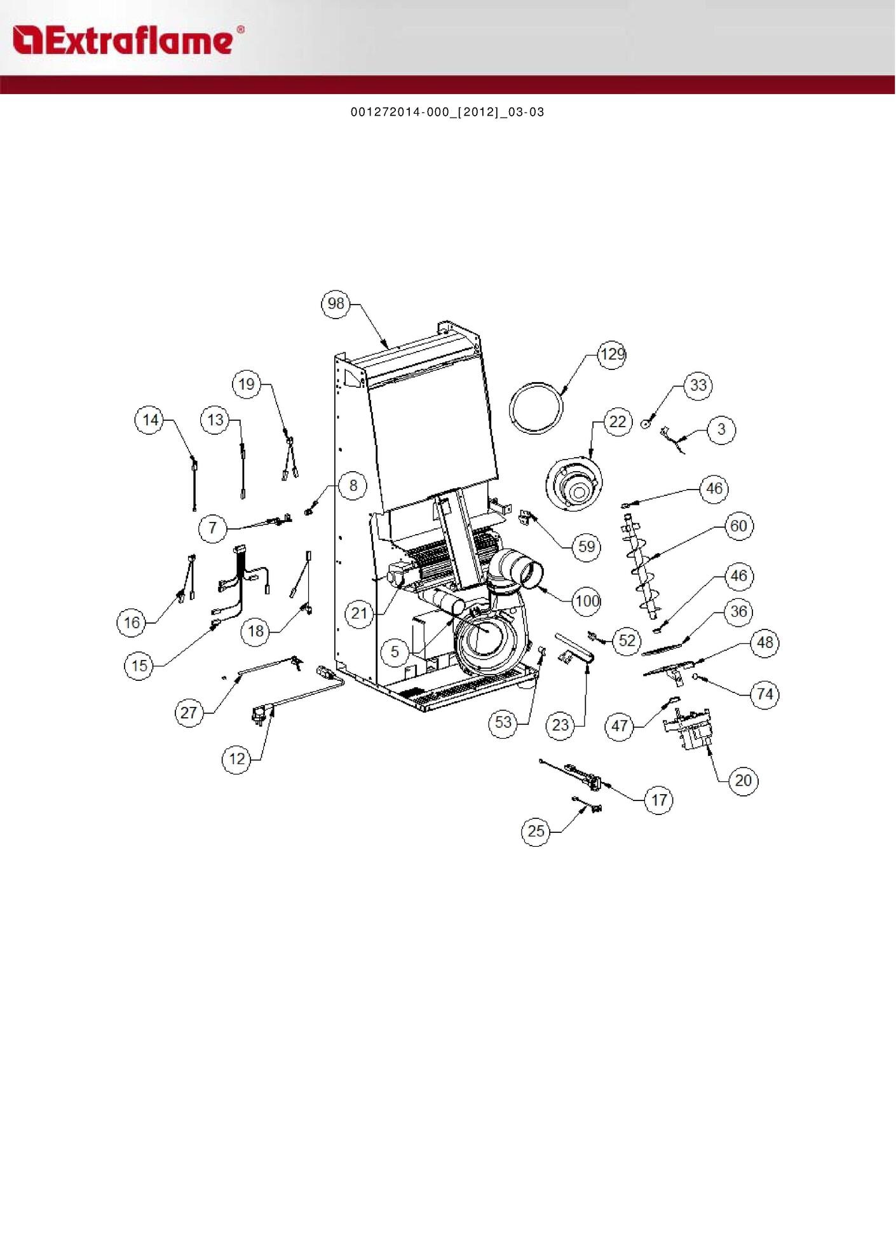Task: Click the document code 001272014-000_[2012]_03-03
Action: tap(447, 113)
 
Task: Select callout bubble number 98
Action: tap(336, 304)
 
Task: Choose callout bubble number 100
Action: tap(586, 601)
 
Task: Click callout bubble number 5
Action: tap(395, 652)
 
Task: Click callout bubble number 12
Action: tap(236, 758)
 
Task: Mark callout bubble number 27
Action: tap(189, 713)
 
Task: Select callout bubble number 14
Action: tap(150, 420)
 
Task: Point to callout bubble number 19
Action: tap(247, 385)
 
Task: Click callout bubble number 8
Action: tap(353, 486)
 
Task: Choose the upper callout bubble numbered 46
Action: tap(714, 488)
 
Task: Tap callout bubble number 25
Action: tap(536, 831)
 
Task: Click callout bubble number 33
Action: tap(698, 385)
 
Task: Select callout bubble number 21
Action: tap(359, 614)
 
